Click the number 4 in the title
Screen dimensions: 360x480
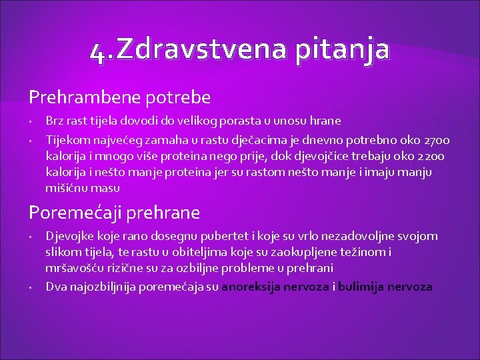(x=98, y=52)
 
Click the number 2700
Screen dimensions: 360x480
(x=436, y=140)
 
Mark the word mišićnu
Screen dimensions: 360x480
(x=67, y=188)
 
